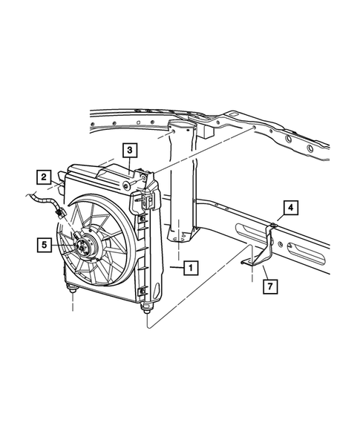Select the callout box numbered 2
45,177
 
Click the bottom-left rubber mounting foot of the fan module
72,287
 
